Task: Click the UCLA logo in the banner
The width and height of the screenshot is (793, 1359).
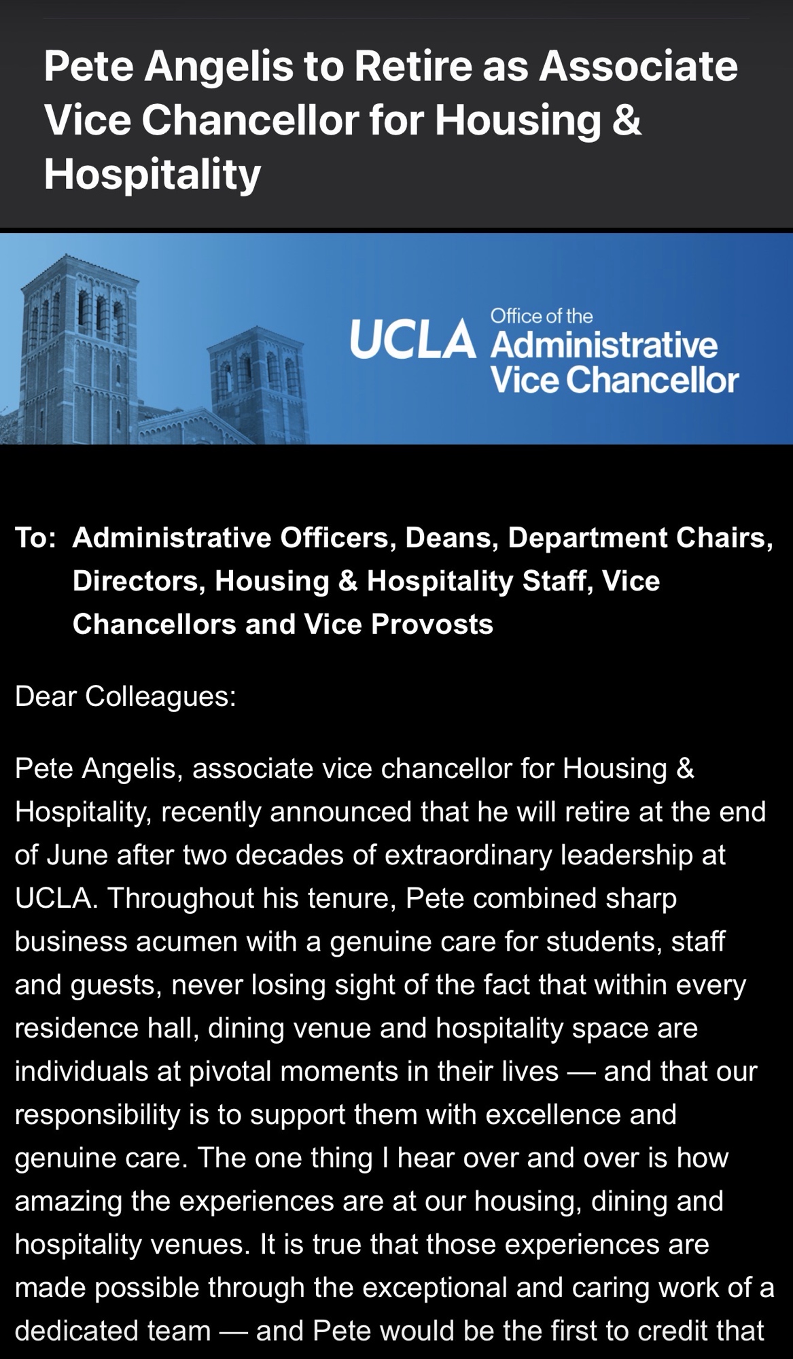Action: pos(412,340)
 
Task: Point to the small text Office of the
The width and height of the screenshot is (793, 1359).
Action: pos(541,316)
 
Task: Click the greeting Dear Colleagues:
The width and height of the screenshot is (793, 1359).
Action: pos(125,696)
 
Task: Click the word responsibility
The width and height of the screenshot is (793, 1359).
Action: pos(96,1115)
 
